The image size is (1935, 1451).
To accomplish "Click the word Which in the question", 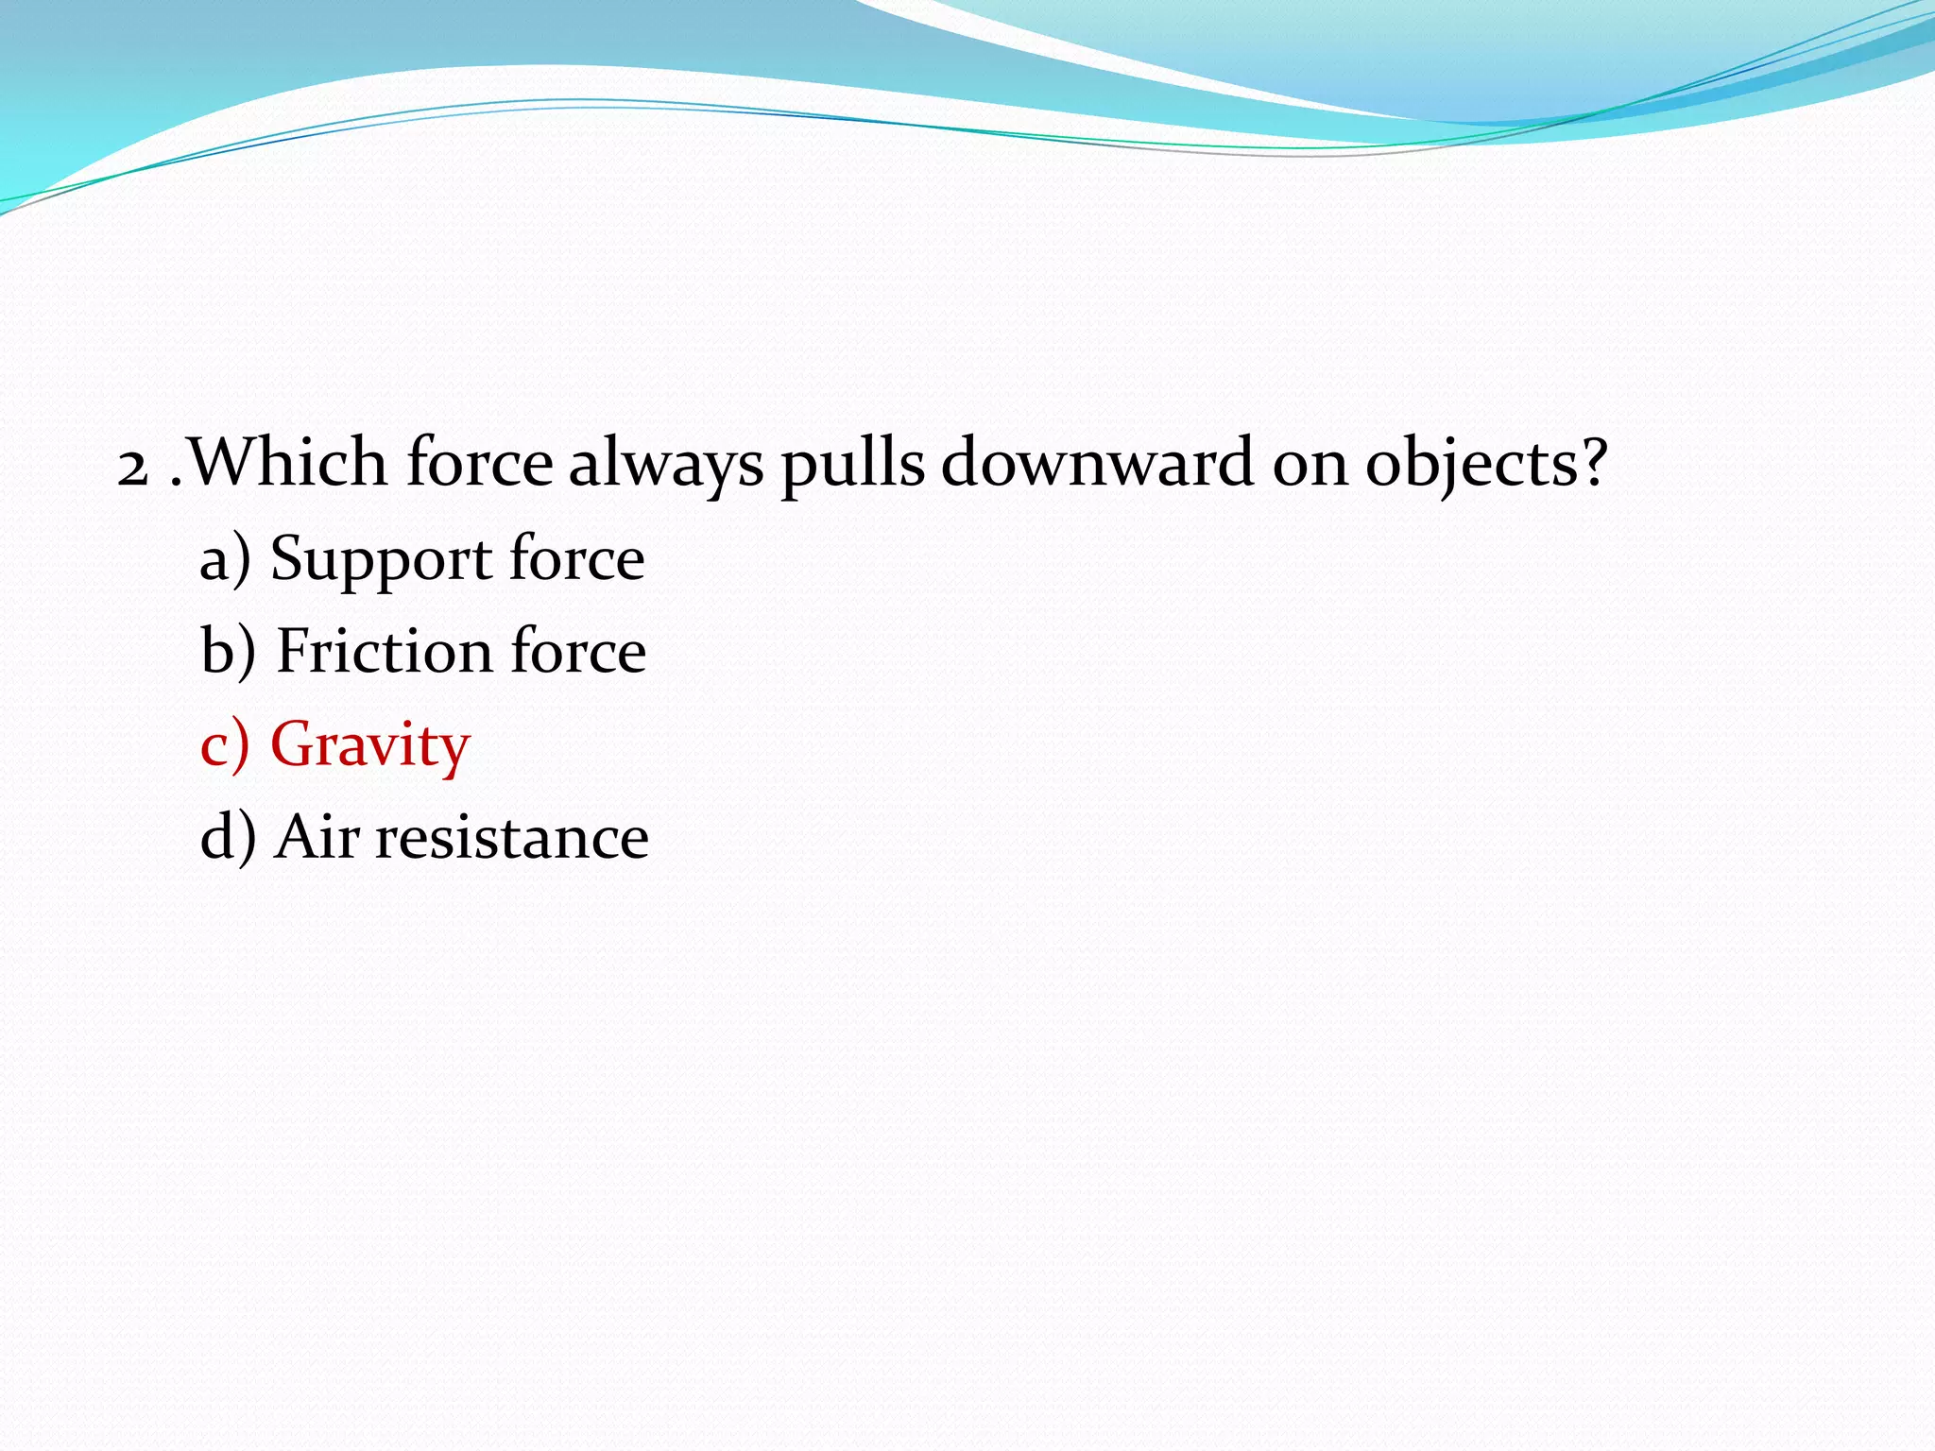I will tap(288, 463).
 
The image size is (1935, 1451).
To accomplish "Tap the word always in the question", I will tap(665, 465).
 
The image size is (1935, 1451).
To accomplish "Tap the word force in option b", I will tap(578, 651).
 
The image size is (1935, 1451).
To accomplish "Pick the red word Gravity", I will tap(370, 746).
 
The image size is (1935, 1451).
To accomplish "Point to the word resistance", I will tap(512, 839).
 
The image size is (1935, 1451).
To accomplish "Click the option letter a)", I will tap(225, 559).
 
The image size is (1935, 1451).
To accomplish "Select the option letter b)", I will tap(228, 652).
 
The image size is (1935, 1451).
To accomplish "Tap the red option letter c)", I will tap(225, 745).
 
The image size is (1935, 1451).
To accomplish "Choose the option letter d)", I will tap(228, 838).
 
